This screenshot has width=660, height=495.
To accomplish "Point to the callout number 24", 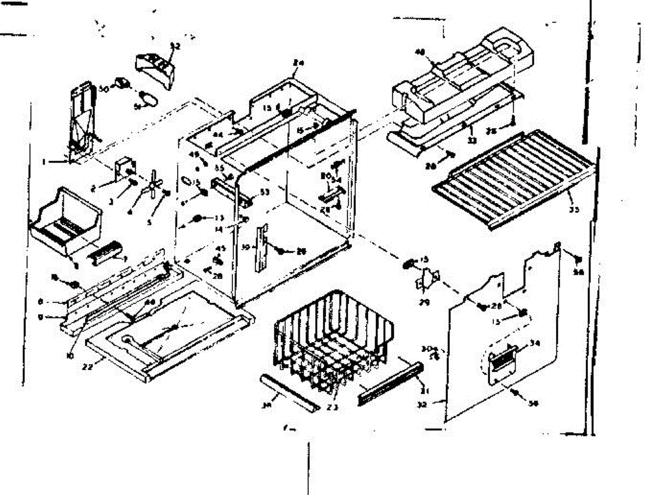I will (x=299, y=63).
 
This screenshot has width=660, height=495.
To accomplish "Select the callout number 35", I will (x=574, y=209).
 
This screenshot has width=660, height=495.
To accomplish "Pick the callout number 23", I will (x=332, y=407).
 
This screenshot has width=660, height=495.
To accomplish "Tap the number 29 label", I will (x=424, y=302).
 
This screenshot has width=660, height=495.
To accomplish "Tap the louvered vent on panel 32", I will (x=503, y=360).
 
